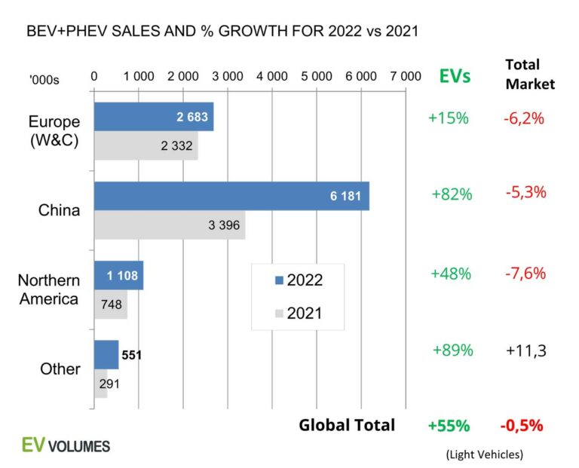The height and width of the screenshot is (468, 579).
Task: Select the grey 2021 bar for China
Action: pos(169,225)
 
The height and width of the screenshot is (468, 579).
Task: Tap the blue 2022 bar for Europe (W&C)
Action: pos(153,117)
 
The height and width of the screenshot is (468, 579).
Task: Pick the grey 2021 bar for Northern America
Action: pos(110,304)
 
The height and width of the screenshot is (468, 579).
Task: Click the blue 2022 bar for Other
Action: pos(106,354)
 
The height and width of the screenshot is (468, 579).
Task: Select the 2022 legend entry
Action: pos(298,280)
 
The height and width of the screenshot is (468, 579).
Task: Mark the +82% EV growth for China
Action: pos(452,194)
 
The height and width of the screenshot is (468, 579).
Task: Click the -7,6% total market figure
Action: pos(525,273)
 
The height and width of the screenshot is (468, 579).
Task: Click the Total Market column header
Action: pos(529,74)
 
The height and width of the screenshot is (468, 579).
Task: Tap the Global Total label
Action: pos(347,425)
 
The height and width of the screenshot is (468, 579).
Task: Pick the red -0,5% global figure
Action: pos(521,425)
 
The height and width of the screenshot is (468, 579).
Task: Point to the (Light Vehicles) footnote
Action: pos(482,454)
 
